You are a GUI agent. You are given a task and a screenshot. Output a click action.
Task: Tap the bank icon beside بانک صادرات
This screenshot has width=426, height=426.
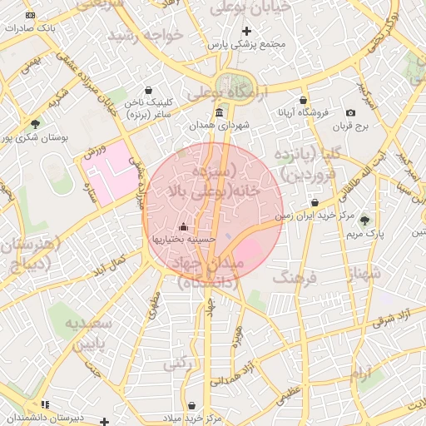(x=31, y=16)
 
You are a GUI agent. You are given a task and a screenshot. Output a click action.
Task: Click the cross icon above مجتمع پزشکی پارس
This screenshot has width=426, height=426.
(x=247, y=31)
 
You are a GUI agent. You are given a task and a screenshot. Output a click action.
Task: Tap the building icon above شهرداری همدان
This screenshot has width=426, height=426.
(x=219, y=112)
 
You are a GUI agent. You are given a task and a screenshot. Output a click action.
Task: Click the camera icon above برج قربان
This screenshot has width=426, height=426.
(x=350, y=113)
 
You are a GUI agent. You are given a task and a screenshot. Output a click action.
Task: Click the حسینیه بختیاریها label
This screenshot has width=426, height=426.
(x=183, y=239)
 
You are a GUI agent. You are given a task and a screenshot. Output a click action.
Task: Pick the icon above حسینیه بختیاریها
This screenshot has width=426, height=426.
(x=183, y=227)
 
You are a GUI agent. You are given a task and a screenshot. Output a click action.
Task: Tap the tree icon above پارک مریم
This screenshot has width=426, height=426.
(x=364, y=220)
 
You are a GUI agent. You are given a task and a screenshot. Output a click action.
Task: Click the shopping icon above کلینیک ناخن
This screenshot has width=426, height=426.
(x=148, y=91)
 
